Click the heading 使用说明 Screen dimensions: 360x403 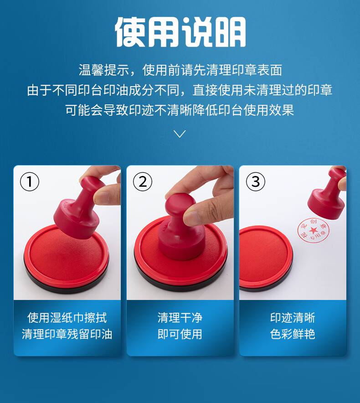(x=180, y=32)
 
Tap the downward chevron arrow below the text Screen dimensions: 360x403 (x=180, y=134)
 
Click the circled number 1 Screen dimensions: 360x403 (x=30, y=182)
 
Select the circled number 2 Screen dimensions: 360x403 (x=143, y=182)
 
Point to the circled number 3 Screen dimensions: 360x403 (x=255, y=182)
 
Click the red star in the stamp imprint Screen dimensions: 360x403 (x=313, y=230)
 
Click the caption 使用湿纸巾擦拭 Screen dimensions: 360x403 (x=67, y=318)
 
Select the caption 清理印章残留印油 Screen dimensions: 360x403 (x=67, y=334)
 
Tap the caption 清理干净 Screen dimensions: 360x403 (x=180, y=318)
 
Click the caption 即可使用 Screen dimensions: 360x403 (x=180, y=334)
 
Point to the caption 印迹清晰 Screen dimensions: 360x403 (x=293, y=318)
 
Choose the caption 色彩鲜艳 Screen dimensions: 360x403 (x=293, y=334)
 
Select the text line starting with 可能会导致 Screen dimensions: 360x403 (x=180, y=110)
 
